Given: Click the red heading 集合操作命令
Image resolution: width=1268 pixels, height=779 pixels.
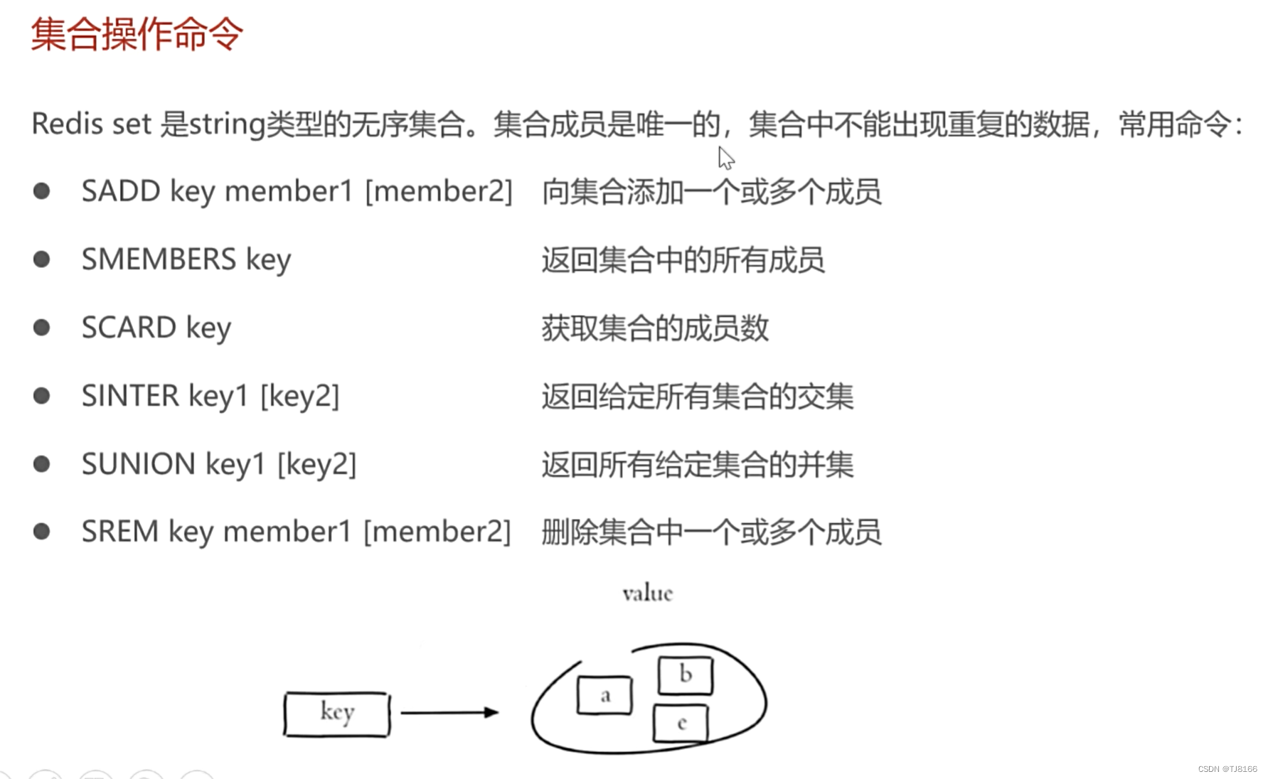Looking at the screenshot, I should (137, 33).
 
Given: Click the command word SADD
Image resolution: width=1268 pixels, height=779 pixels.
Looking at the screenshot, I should (121, 191).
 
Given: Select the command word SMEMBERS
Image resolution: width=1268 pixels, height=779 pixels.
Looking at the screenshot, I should (159, 259).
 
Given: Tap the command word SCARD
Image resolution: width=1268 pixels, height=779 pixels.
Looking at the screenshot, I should (129, 328).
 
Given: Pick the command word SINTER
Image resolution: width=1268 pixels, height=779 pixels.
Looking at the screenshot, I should (130, 396).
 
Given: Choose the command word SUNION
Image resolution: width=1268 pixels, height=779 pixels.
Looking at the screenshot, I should (139, 464).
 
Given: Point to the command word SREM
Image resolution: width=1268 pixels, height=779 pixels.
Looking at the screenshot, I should (119, 532).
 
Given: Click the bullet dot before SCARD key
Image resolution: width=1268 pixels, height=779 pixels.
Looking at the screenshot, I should (42, 328).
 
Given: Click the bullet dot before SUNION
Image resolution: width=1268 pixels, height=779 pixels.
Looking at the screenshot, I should (42, 464).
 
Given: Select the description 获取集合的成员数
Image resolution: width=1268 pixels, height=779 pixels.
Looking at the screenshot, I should (655, 328).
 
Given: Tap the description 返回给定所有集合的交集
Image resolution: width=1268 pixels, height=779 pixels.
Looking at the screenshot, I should (697, 397).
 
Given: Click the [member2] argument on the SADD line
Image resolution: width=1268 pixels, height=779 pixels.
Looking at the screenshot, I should (439, 191).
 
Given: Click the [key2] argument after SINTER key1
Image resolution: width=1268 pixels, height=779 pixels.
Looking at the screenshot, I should (299, 396).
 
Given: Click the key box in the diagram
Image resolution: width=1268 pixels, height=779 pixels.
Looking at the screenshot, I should (337, 714).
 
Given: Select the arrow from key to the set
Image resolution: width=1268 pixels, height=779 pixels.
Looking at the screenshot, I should (449, 712).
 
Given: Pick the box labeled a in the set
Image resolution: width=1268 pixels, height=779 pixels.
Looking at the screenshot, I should (604, 695).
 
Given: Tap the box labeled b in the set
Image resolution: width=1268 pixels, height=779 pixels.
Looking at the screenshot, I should (685, 675).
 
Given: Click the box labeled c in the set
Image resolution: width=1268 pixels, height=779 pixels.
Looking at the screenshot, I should (681, 724).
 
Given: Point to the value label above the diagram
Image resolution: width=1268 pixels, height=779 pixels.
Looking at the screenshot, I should (647, 593).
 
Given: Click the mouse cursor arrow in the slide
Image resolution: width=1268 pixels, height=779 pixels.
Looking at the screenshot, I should (725, 158).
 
